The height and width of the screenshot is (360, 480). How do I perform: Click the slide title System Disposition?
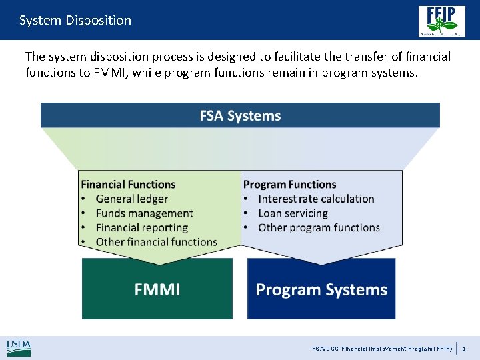75,20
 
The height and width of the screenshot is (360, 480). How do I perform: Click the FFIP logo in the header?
441,21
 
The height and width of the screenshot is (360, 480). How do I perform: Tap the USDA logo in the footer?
19,347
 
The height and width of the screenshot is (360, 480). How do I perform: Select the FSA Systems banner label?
240,115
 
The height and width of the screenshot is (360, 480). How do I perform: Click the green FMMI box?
157,289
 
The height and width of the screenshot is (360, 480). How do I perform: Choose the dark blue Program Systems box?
321,289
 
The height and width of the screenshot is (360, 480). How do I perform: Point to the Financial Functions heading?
128,184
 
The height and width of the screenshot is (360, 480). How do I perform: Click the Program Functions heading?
289,184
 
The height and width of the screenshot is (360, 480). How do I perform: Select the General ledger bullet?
131,199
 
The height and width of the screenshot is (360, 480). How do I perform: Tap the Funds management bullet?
144,213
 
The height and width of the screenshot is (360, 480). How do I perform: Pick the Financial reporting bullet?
141,227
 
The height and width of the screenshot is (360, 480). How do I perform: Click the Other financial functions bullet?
156,242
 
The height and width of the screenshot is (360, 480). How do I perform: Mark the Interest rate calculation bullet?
316,199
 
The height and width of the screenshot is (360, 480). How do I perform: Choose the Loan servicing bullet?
293,213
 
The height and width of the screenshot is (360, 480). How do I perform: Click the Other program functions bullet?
319,227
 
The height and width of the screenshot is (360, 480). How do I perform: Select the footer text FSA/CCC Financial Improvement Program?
382,349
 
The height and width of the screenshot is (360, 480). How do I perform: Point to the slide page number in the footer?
465,349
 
